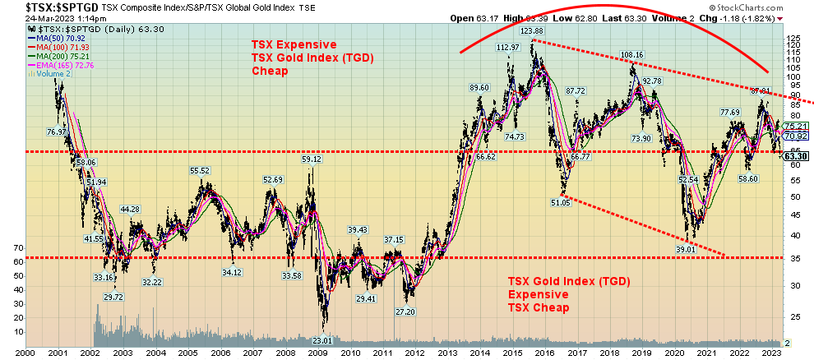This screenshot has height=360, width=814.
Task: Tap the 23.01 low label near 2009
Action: pyautogui.click(x=322, y=339)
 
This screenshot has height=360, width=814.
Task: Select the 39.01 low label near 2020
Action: pyautogui.click(x=687, y=248)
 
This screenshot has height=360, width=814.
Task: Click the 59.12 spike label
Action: pyautogui.click(x=311, y=159)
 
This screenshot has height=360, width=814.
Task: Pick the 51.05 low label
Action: pyautogui.click(x=561, y=201)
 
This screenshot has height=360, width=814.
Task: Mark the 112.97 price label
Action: pyautogui.click(x=508, y=47)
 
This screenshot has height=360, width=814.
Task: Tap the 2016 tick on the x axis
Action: pyautogui.click(x=544, y=352)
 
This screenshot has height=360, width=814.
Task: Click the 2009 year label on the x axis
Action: pyautogui.click(x=319, y=352)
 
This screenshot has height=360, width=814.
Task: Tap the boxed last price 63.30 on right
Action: pyautogui.click(x=794, y=155)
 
